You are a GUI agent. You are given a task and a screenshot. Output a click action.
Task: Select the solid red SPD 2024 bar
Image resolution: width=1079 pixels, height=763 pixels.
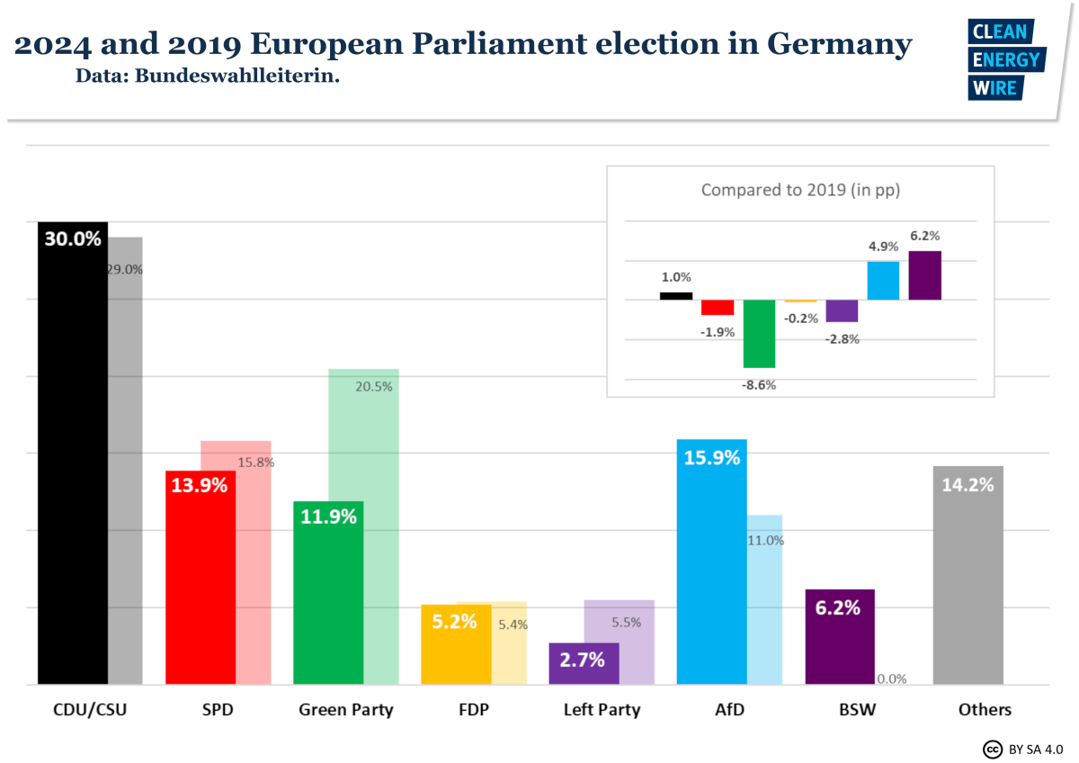(x=201, y=585)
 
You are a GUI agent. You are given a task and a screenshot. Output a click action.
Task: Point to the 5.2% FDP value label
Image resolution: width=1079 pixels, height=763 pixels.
(x=454, y=621)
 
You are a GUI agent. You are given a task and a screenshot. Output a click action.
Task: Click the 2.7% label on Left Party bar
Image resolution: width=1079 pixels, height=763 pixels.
(x=582, y=660)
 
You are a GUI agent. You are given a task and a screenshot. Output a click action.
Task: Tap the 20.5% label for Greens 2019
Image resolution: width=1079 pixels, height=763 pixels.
(x=374, y=386)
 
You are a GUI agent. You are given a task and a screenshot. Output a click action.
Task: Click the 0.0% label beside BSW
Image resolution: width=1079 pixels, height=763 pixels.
(x=892, y=678)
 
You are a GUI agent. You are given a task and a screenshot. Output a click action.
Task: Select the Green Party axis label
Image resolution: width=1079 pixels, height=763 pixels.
(x=345, y=710)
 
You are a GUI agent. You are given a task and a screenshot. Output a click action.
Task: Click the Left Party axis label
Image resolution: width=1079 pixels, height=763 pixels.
(x=602, y=710)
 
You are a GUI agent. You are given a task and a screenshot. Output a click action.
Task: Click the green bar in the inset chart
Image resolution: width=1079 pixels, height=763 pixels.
(x=759, y=334)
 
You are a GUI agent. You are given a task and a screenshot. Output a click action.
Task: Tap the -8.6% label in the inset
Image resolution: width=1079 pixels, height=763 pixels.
(x=759, y=384)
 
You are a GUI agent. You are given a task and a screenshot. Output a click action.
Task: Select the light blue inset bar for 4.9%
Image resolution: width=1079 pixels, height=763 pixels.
(x=883, y=281)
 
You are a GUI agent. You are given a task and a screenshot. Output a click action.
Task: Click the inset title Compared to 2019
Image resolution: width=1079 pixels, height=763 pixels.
(x=800, y=190)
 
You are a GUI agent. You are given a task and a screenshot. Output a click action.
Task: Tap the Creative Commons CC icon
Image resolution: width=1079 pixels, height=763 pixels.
(x=993, y=749)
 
